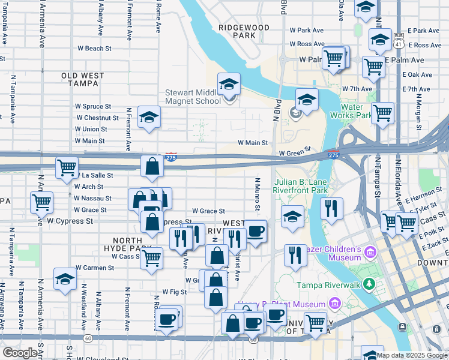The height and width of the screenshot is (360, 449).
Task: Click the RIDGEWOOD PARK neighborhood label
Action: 244,32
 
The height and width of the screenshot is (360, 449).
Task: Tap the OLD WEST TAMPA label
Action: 83,80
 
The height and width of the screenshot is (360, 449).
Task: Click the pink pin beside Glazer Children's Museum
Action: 370,250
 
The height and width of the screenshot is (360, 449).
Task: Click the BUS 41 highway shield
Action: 399,40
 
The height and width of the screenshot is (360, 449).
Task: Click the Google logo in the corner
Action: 20,353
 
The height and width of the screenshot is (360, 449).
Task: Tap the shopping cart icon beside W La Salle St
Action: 67,167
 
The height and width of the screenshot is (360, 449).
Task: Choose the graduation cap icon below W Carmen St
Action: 65,278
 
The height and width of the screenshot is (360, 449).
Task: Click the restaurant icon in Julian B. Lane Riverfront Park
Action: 331,208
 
